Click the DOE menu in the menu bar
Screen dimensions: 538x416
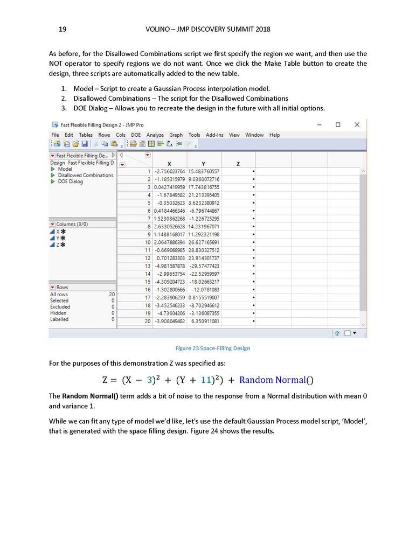[136, 135]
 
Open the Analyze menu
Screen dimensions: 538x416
[155, 135]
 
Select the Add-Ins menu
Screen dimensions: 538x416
[214, 135]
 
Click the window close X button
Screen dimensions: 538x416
[357, 124]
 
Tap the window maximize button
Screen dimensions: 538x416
[338, 124]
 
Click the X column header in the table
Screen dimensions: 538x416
[170, 163]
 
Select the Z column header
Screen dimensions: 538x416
[238, 163]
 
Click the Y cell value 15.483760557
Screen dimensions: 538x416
[203, 171]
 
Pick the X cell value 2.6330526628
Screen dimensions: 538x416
[169, 227]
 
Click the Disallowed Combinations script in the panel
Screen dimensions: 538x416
[86, 175]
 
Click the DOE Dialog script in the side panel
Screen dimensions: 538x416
[71, 181]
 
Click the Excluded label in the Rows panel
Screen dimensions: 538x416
[60, 307]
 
